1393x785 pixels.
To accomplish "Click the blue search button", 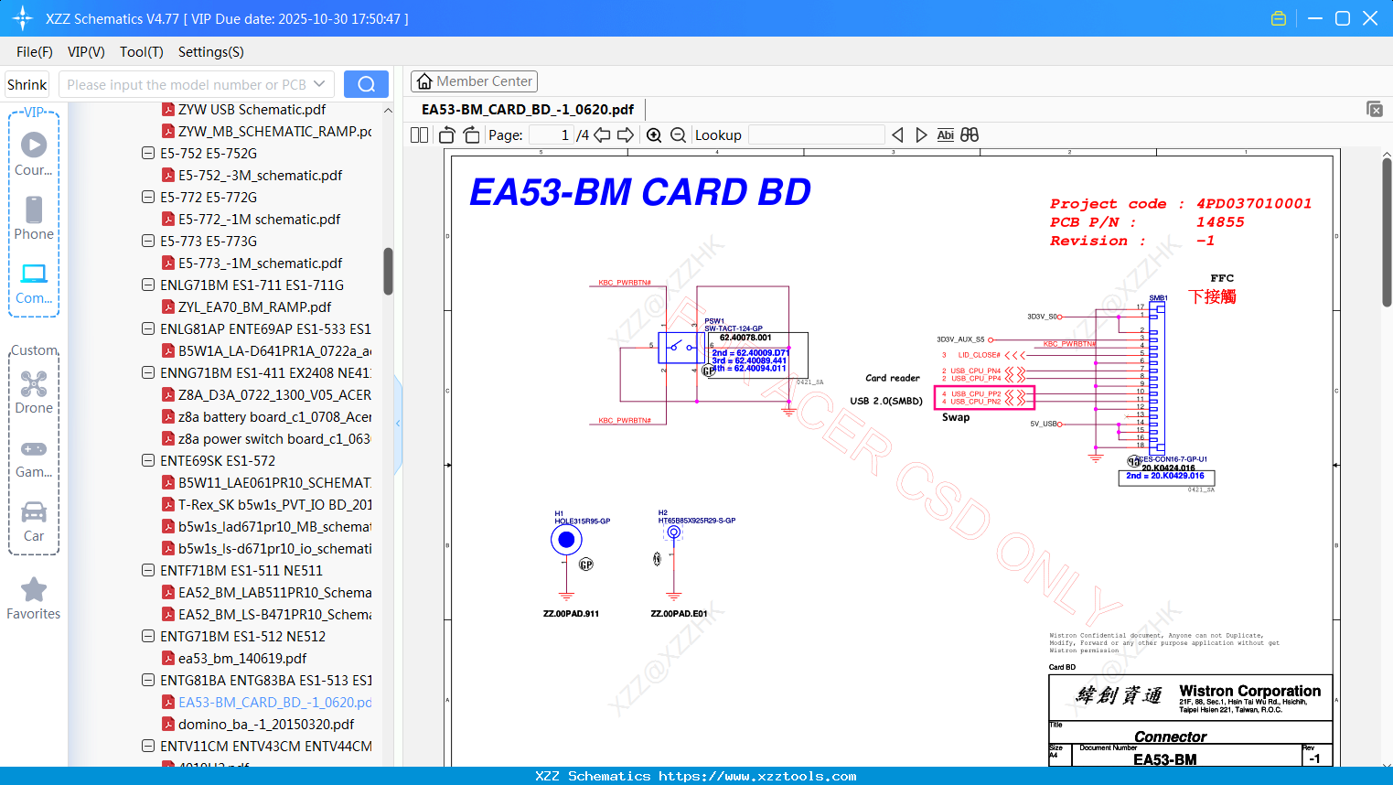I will [366, 84].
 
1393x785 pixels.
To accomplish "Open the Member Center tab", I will [474, 81].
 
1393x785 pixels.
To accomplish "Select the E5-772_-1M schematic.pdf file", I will [259, 220].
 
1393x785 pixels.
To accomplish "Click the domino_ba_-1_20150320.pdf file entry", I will [265, 725].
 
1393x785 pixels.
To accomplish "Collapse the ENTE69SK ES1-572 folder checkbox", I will [148, 460].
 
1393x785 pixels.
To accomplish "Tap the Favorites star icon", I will [34, 590].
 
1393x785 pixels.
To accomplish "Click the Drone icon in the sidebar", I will [34, 384].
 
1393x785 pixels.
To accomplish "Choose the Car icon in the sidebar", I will [34, 512].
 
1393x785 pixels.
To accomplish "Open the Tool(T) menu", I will [141, 52].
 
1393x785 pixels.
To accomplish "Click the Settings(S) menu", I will [210, 52].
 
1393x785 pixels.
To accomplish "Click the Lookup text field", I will [816, 135].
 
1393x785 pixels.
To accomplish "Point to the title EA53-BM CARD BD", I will [640, 193].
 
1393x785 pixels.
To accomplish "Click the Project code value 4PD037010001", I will [1253, 204].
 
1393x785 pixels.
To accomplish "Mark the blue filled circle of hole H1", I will [566, 540].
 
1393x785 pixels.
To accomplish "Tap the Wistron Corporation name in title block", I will [1249, 691].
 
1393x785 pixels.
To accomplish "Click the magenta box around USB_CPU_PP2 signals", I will [984, 397].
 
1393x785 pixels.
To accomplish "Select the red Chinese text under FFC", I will [1212, 296].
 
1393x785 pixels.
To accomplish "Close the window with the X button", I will [1370, 18].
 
